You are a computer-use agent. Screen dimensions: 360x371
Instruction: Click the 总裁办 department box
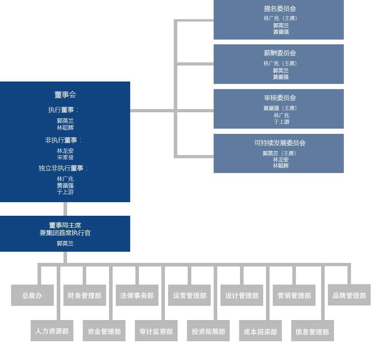(x=32, y=296)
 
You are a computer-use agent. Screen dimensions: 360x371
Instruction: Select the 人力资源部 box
(x=52, y=331)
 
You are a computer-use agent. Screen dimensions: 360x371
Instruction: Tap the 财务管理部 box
(x=85, y=296)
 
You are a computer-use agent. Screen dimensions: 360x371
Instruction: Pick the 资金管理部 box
(x=104, y=332)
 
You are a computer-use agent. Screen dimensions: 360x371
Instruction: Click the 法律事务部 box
(x=137, y=296)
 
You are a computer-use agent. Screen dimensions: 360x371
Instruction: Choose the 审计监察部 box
(x=156, y=332)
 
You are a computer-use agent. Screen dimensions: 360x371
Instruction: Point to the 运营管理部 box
(x=189, y=296)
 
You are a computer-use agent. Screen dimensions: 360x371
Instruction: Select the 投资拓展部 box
(x=208, y=332)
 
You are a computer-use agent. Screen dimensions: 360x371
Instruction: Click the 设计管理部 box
(x=242, y=296)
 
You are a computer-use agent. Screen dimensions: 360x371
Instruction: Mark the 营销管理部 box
(x=294, y=296)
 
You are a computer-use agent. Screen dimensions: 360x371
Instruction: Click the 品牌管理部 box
(x=349, y=296)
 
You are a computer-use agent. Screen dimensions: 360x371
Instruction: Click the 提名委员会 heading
(x=280, y=8)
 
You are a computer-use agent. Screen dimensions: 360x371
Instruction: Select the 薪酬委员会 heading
(x=280, y=53)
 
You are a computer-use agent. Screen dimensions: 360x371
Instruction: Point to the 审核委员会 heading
(x=280, y=98)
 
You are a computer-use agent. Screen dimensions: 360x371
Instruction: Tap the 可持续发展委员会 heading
(x=280, y=143)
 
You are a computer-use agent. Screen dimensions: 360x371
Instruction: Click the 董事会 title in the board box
(x=65, y=95)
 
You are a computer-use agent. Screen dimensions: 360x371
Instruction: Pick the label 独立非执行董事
(x=63, y=168)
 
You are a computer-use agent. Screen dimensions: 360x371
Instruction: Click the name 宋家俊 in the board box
(x=65, y=157)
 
